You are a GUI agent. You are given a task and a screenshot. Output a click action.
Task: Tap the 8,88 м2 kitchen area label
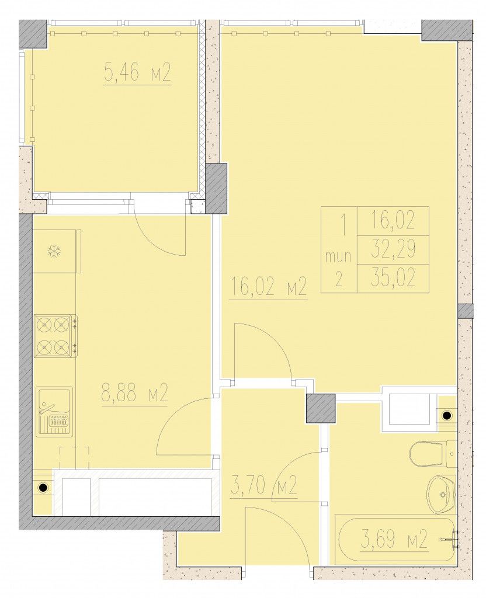point(135,392)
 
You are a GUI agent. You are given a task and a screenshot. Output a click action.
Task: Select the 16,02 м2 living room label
point(268,287)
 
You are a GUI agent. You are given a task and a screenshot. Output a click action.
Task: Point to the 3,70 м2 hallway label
point(263,485)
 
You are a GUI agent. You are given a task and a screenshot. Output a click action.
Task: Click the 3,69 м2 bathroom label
point(393,540)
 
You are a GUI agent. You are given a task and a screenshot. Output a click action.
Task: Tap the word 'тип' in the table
point(338,256)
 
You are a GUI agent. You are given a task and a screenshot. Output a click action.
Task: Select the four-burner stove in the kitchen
point(55,336)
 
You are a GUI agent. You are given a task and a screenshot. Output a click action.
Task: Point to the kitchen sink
point(54,412)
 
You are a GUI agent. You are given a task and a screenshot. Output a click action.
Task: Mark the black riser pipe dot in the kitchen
point(43,487)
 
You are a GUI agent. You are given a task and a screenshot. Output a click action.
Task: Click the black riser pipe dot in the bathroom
point(446,414)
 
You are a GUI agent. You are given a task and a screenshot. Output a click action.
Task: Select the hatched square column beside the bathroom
point(321,408)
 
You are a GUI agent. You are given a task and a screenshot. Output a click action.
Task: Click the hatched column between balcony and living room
point(216,188)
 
